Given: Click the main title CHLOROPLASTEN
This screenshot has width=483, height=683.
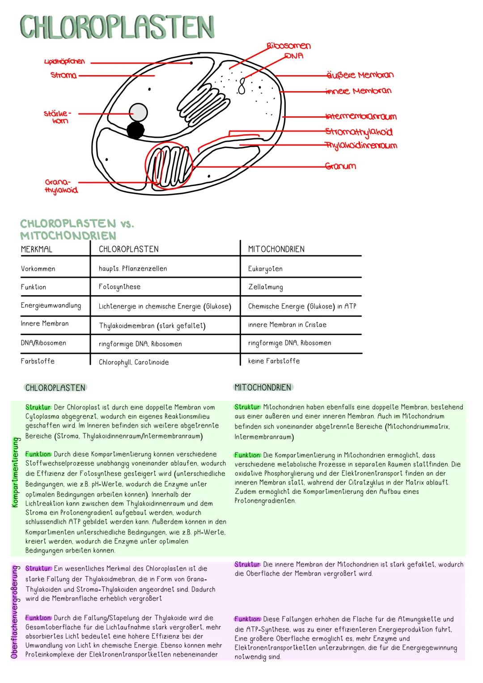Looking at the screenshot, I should [x=117, y=28].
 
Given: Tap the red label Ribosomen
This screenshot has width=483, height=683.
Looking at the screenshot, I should [x=288, y=46].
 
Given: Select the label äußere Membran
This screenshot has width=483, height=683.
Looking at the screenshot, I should [x=360, y=75].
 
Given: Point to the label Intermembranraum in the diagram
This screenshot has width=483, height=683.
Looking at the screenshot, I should [x=361, y=117].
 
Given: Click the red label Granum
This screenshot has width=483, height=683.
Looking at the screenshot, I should [x=340, y=166].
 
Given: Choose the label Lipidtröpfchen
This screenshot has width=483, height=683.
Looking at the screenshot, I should [x=64, y=62].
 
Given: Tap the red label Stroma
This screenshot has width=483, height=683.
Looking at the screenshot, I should [x=64, y=76].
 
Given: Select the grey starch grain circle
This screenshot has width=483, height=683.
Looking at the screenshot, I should [x=138, y=112].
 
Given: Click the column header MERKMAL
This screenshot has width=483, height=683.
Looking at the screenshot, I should [x=37, y=250].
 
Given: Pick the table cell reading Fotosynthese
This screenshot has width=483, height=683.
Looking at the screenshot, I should [x=119, y=287].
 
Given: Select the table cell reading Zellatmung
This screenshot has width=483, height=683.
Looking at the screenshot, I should [x=265, y=287].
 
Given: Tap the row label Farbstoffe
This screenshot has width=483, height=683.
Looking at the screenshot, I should [x=38, y=361].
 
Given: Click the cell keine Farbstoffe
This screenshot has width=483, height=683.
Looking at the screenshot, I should [x=274, y=361].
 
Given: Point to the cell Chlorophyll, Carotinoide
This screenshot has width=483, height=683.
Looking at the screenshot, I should [x=134, y=362].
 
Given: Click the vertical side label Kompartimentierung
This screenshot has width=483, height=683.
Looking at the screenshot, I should [x=16, y=472].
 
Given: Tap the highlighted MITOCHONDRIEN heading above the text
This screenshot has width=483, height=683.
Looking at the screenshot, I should [x=263, y=387].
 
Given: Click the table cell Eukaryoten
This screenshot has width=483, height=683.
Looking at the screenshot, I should [x=265, y=269].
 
